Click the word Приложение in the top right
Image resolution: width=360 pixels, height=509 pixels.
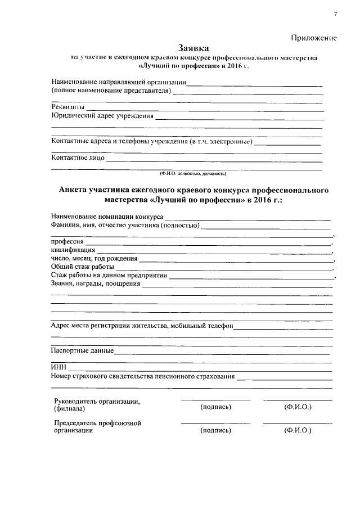coord(314,38)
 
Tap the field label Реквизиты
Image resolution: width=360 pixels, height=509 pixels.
coord(68,107)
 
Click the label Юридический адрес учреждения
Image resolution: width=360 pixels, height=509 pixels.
coord(102,116)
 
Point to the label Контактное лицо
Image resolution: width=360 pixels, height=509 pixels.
coord(78,157)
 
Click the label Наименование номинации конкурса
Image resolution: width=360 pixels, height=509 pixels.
coord(107,216)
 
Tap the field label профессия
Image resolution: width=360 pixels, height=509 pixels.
coord(67,241)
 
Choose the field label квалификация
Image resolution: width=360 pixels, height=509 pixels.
coord(73,250)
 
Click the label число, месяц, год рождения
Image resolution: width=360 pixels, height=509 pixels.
coord(94,258)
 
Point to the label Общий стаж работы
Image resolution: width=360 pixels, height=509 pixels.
coord(82,267)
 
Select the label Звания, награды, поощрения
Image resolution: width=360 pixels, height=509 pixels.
coord(95,283)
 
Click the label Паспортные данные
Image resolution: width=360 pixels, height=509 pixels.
coord(82,351)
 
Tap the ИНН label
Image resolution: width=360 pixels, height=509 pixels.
coord(58,368)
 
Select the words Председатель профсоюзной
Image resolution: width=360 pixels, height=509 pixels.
coord(97,422)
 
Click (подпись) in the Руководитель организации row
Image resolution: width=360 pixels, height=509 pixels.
coord(215,407)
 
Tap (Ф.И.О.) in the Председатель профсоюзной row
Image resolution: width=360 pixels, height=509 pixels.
coord(298,430)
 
